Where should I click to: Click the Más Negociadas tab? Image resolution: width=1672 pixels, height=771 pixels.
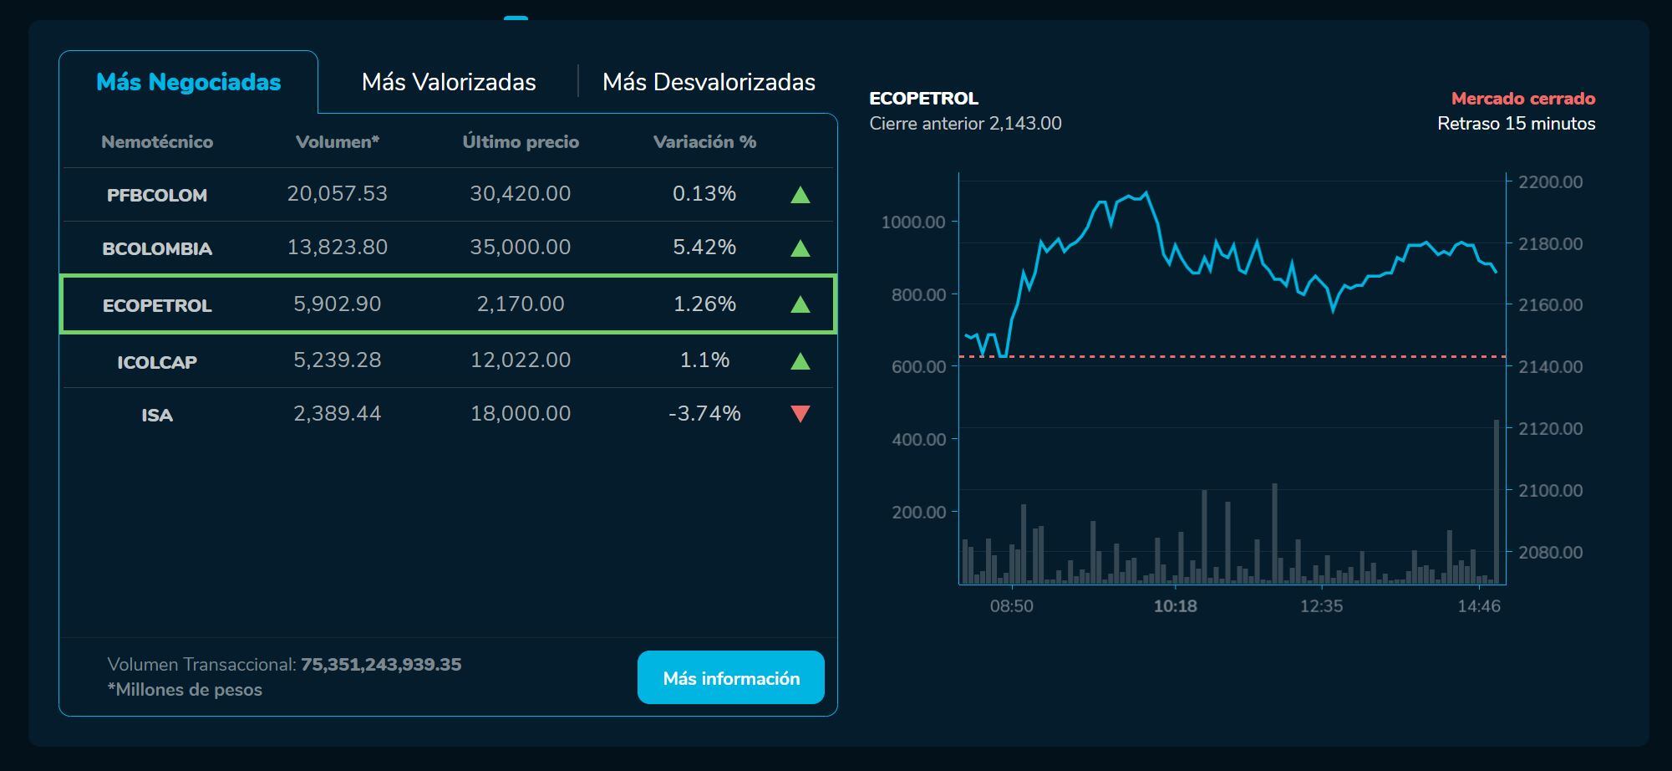point(188,82)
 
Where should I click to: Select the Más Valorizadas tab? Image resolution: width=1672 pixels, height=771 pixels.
point(449,82)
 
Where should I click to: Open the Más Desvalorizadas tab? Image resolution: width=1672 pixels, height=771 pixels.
point(709,82)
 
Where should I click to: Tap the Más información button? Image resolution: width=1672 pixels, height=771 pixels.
point(730,677)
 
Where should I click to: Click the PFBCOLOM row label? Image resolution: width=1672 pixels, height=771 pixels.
point(157,195)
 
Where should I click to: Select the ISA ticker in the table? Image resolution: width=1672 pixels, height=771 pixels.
point(157,415)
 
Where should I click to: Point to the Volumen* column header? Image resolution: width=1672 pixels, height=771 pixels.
point(337,142)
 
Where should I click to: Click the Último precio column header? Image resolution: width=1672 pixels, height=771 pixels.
point(521,142)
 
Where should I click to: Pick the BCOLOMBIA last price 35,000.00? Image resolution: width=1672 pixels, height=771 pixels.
point(520,248)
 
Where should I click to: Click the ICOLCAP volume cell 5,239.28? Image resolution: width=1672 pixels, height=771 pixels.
point(337,360)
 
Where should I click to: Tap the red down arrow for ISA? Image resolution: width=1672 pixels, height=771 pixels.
point(800,414)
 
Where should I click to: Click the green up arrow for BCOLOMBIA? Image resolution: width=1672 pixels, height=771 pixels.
point(800,248)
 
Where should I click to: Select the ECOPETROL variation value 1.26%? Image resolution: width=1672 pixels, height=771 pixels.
point(704,304)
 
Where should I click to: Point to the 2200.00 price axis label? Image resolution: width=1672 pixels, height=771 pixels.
point(1550,182)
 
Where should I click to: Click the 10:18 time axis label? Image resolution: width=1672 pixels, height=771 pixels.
point(1175,606)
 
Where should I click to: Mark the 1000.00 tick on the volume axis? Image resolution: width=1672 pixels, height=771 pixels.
point(913,222)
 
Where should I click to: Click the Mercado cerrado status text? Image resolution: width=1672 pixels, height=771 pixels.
point(1522,99)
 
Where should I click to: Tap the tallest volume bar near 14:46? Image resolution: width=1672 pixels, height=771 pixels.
point(1496,502)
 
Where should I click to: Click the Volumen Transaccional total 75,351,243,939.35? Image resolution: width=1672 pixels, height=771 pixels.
point(381,665)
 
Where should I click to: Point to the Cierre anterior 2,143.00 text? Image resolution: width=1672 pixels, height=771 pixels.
point(965,124)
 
